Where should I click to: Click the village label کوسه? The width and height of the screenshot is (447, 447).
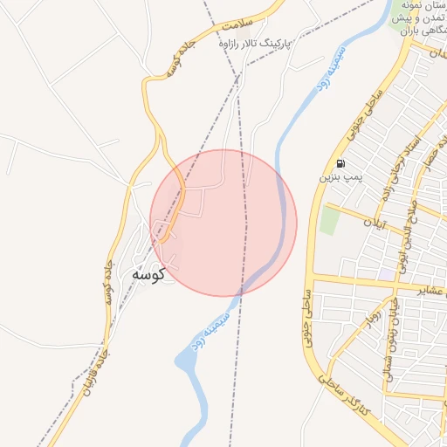(x=148, y=273)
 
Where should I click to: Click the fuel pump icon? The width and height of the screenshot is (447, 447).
(x=339, y=163)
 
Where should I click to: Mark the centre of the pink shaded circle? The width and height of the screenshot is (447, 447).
(x=223, y=223)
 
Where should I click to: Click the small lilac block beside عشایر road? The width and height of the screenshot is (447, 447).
(x=385, y=274)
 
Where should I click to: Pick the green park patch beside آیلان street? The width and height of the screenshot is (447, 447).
(x=328, y=220)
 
